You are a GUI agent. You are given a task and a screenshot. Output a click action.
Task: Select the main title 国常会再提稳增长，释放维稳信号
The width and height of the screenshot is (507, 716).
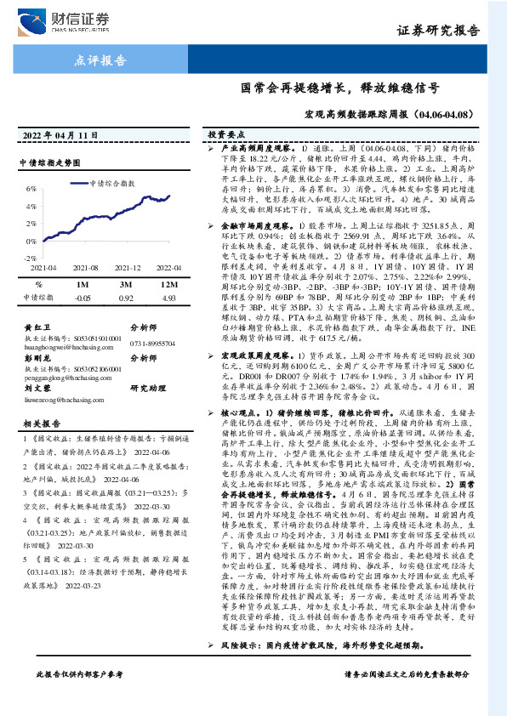pyautogui.click(x=339, y=87)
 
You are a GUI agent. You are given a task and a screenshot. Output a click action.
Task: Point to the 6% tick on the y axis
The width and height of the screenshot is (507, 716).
pyautogui.click(x=31, y=188)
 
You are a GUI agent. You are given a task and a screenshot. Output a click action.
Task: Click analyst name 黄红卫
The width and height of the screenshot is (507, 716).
pyautogui.click(x=34, y=326)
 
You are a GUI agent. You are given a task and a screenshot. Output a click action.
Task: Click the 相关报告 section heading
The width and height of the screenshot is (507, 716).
pyautogui.click(x=39, y=423)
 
